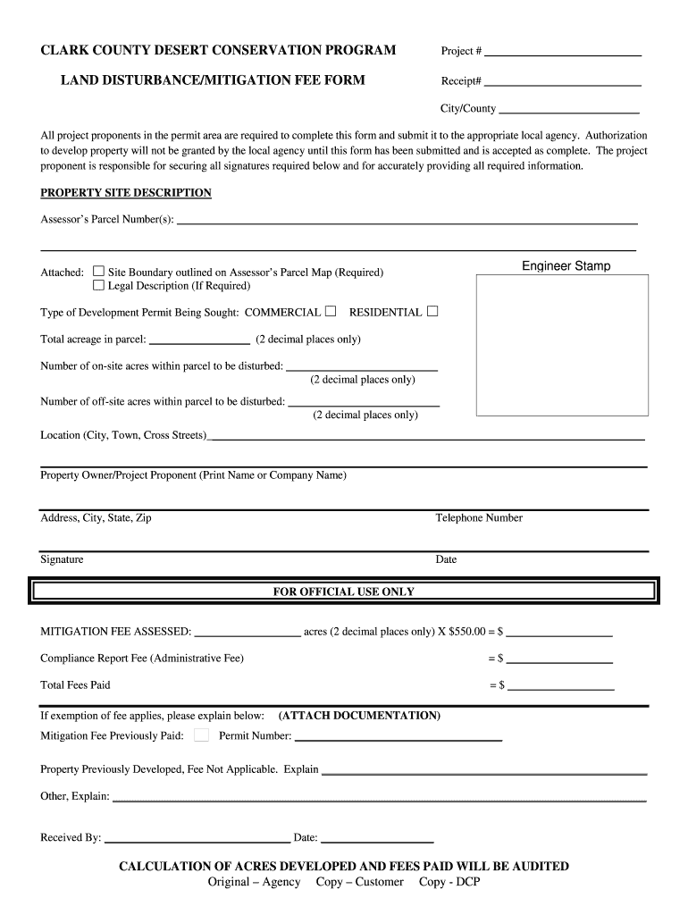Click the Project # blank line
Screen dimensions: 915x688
563,54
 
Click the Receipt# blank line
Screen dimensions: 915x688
563,84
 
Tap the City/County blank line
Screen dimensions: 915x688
568,112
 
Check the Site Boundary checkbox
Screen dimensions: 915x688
99,272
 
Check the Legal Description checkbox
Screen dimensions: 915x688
99,286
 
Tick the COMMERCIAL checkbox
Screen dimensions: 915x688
331,312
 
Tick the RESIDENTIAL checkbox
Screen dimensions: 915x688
432,312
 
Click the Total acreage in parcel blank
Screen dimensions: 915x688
199,341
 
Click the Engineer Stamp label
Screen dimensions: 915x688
566,266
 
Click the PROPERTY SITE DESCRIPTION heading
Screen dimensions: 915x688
126,193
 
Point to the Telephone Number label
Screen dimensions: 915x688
479,518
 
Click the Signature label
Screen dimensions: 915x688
62,559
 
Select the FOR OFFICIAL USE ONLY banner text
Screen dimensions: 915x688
343,592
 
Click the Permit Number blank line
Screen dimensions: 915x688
398,739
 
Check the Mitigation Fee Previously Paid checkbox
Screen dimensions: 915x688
201,735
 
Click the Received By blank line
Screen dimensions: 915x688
197,841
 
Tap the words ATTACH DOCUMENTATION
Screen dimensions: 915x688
359,716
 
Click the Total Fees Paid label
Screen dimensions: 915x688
75,685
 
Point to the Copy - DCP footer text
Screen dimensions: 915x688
449,883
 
